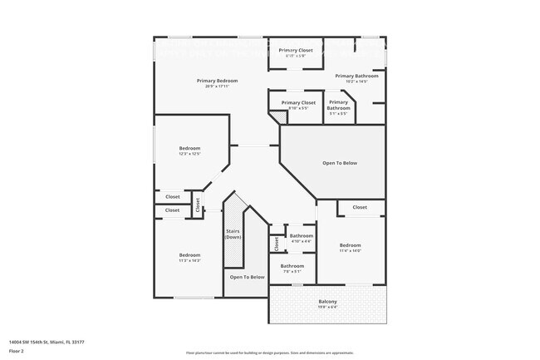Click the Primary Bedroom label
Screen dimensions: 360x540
(x=217, y=81)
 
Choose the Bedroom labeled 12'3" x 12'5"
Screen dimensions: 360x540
(x=189, y=150)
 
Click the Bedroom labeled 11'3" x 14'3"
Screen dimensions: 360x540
(x=189, y=257)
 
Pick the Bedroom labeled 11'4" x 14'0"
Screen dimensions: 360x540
(x=350, y=248)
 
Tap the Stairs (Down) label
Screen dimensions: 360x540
(x=233, y=234)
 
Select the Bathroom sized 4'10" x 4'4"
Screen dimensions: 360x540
(x=302, y=238)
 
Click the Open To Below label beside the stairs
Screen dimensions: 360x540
(x=247, y=277)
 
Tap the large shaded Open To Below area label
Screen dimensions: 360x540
(x=340, y=163)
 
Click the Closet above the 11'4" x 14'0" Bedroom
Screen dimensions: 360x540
(x=360, y=207)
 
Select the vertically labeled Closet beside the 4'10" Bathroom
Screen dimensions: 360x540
(x=277, y=244)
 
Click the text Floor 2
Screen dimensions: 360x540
(x=17, y=350)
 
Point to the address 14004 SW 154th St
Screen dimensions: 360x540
(x=47, y=342)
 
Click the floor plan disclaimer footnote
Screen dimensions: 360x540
(x=270, y=353)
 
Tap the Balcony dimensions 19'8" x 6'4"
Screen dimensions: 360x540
(x=327, y=308)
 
